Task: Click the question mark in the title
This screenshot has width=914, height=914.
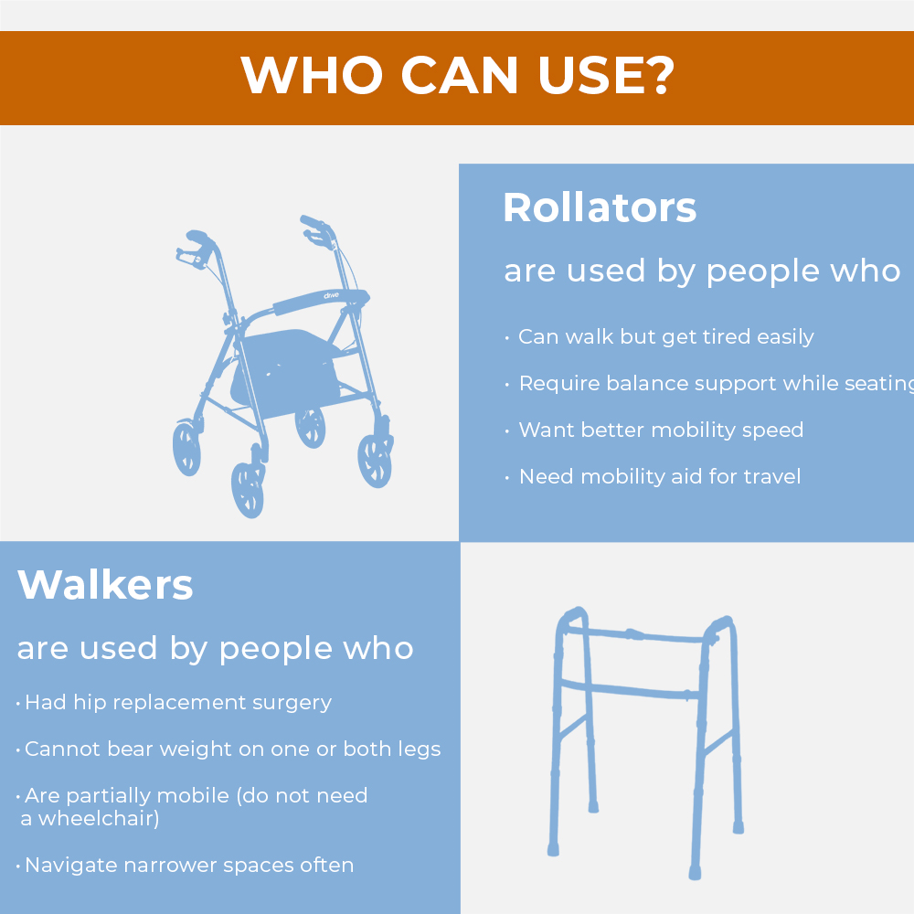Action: (663, 75)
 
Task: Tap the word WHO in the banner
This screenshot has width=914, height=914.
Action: (312, 75)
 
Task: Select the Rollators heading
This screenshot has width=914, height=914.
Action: (600, 207)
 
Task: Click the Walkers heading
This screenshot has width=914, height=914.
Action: (105, 584)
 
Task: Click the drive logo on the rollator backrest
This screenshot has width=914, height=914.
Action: (331, 295)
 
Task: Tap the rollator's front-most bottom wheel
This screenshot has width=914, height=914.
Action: (248, 490)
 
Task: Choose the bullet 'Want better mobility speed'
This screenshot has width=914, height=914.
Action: (661, 430)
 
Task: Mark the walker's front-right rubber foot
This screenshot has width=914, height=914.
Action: (695, 873)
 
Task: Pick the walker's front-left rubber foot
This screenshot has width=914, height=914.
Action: (553, 850)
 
